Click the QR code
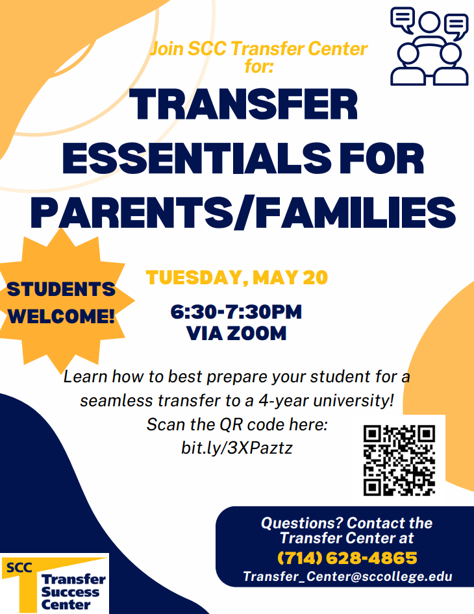[x=399, y=461]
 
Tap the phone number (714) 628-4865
[x=347, y=558]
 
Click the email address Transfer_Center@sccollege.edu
[x=347, y=576]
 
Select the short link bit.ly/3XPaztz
[x=236, y=448]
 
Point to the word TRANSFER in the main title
[x=243, y=104]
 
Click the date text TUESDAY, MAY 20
[x=236, y=278]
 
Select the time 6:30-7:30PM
[x=236, y=312]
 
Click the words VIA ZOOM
[x=236, y=334]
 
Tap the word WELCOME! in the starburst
[x=62, y=316]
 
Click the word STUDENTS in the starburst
[x=61, y=289]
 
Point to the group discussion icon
[x=429, y=46]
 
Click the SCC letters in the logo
[x=19, y=567]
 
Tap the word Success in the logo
[x=71, y=592]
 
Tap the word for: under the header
[x=259, y=66]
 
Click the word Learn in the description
[x=86, y=376]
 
